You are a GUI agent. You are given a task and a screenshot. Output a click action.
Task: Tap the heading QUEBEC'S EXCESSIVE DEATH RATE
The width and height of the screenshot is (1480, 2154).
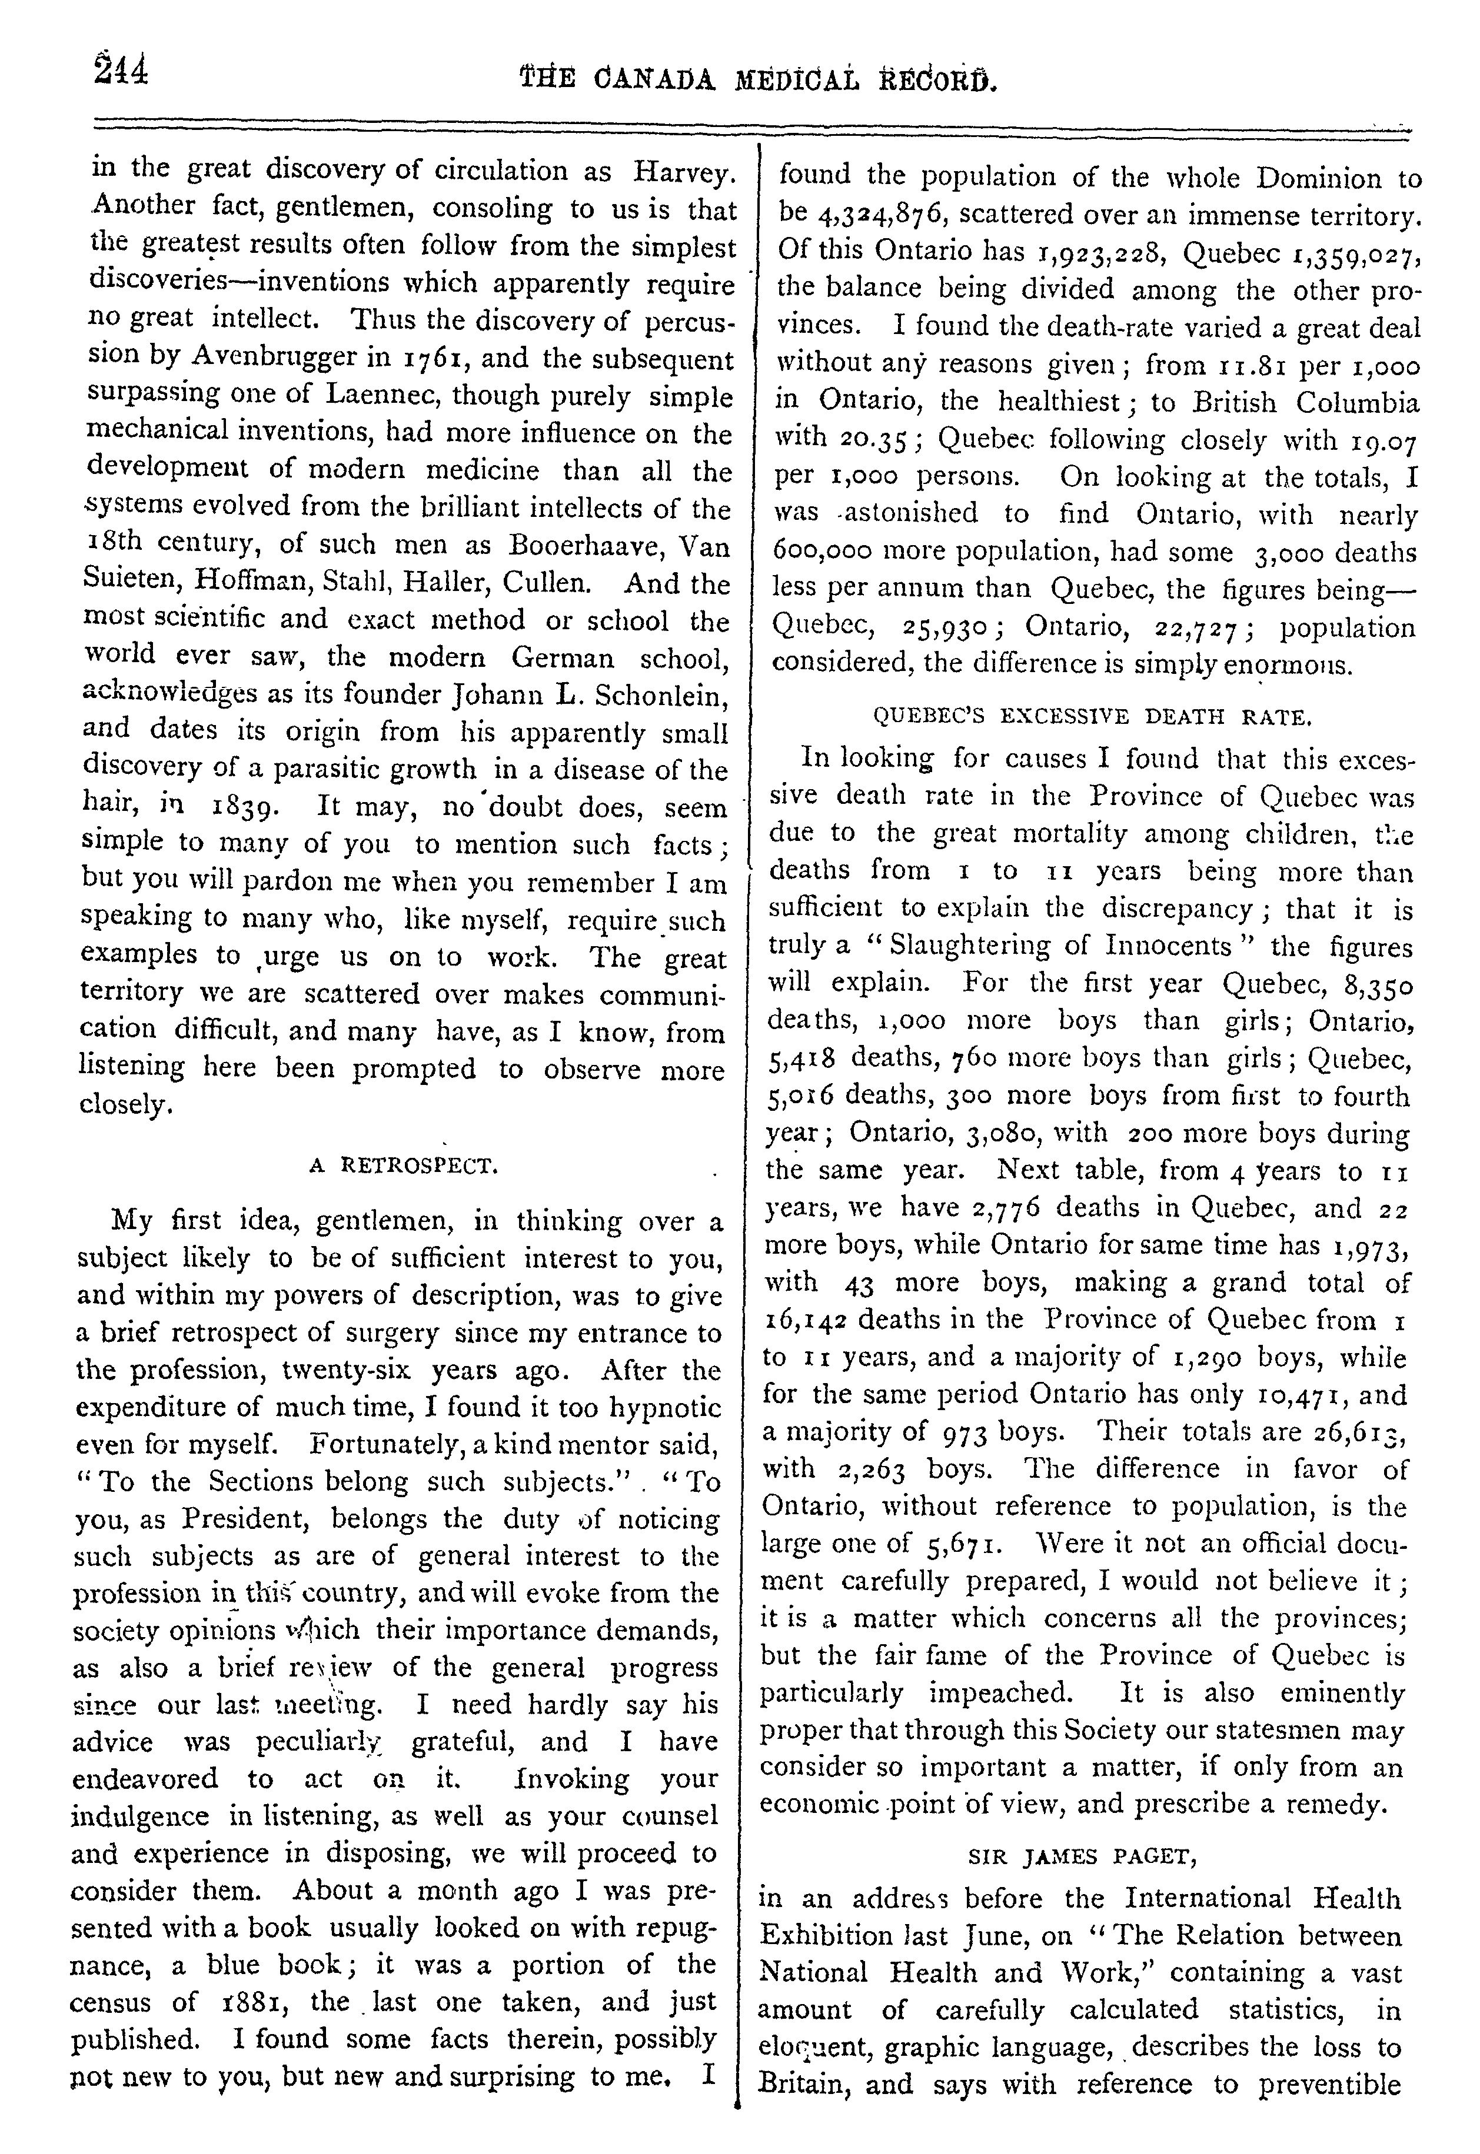pyautogui.click(x=1092, y=716)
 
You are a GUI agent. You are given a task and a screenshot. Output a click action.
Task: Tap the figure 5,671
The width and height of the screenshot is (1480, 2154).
pyautogui.click(x=960, y=1544)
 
